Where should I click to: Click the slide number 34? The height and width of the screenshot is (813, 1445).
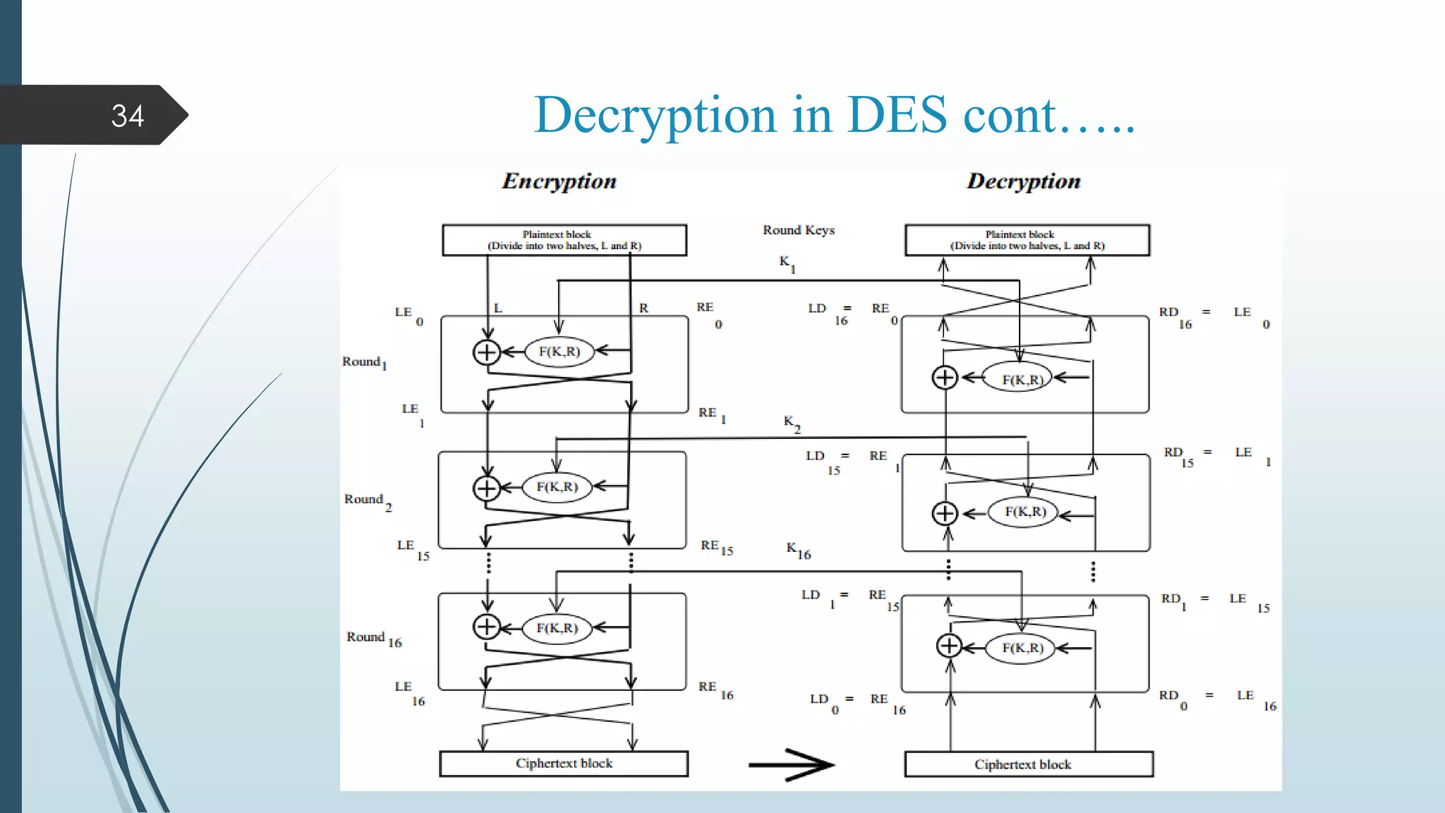click(x=127, y=116)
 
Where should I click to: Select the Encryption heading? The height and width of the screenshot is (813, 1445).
click(x=559, y=181)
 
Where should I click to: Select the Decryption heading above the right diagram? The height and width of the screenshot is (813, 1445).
click(x=1023, y=181)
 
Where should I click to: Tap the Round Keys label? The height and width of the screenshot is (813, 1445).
click(x=798, y=230)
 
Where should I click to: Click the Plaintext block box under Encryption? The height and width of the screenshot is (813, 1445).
click(x=564, y=240)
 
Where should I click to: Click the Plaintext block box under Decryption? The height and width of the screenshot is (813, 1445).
click(x=1027, y=240)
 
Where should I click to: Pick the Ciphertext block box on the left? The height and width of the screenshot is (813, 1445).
click(x=564, y=764)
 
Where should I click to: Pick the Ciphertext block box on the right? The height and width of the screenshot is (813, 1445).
click(x=1028, y=764)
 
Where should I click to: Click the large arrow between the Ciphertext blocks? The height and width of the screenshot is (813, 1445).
click(x=792, y=764)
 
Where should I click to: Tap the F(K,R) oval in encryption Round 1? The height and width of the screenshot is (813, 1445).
click(x=560, y=351)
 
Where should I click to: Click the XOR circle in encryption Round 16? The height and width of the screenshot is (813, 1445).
click(x=487, y=627)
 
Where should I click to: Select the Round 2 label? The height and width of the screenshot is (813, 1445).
click(x=367, y=500)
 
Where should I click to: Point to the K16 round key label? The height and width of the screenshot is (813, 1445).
click(x=798, y=550)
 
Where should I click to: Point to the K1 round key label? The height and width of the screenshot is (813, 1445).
click(x=787, y=263)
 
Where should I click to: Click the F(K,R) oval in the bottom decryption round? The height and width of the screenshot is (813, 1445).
click(x=1022, y=648)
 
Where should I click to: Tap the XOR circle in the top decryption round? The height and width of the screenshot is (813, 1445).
click(x=945, y=378)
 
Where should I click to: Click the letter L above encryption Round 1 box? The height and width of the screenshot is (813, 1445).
click(x=497, y=308)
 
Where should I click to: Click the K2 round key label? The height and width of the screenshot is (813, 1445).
click(x=792, y=423)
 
